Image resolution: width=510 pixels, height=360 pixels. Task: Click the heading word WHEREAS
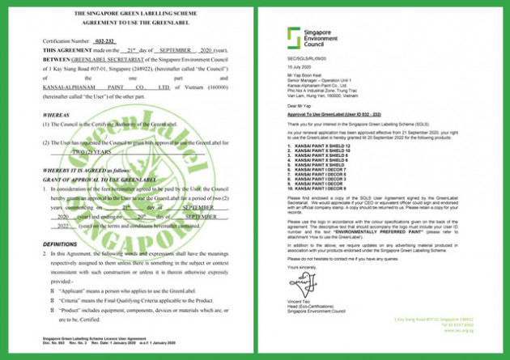pyautogui.click(x=56, y=115)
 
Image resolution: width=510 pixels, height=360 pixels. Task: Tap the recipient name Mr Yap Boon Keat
pyautogui.click(x=305, y=77)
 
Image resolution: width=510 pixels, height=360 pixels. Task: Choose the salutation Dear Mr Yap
pyautogui.click(x=298, y=105)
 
